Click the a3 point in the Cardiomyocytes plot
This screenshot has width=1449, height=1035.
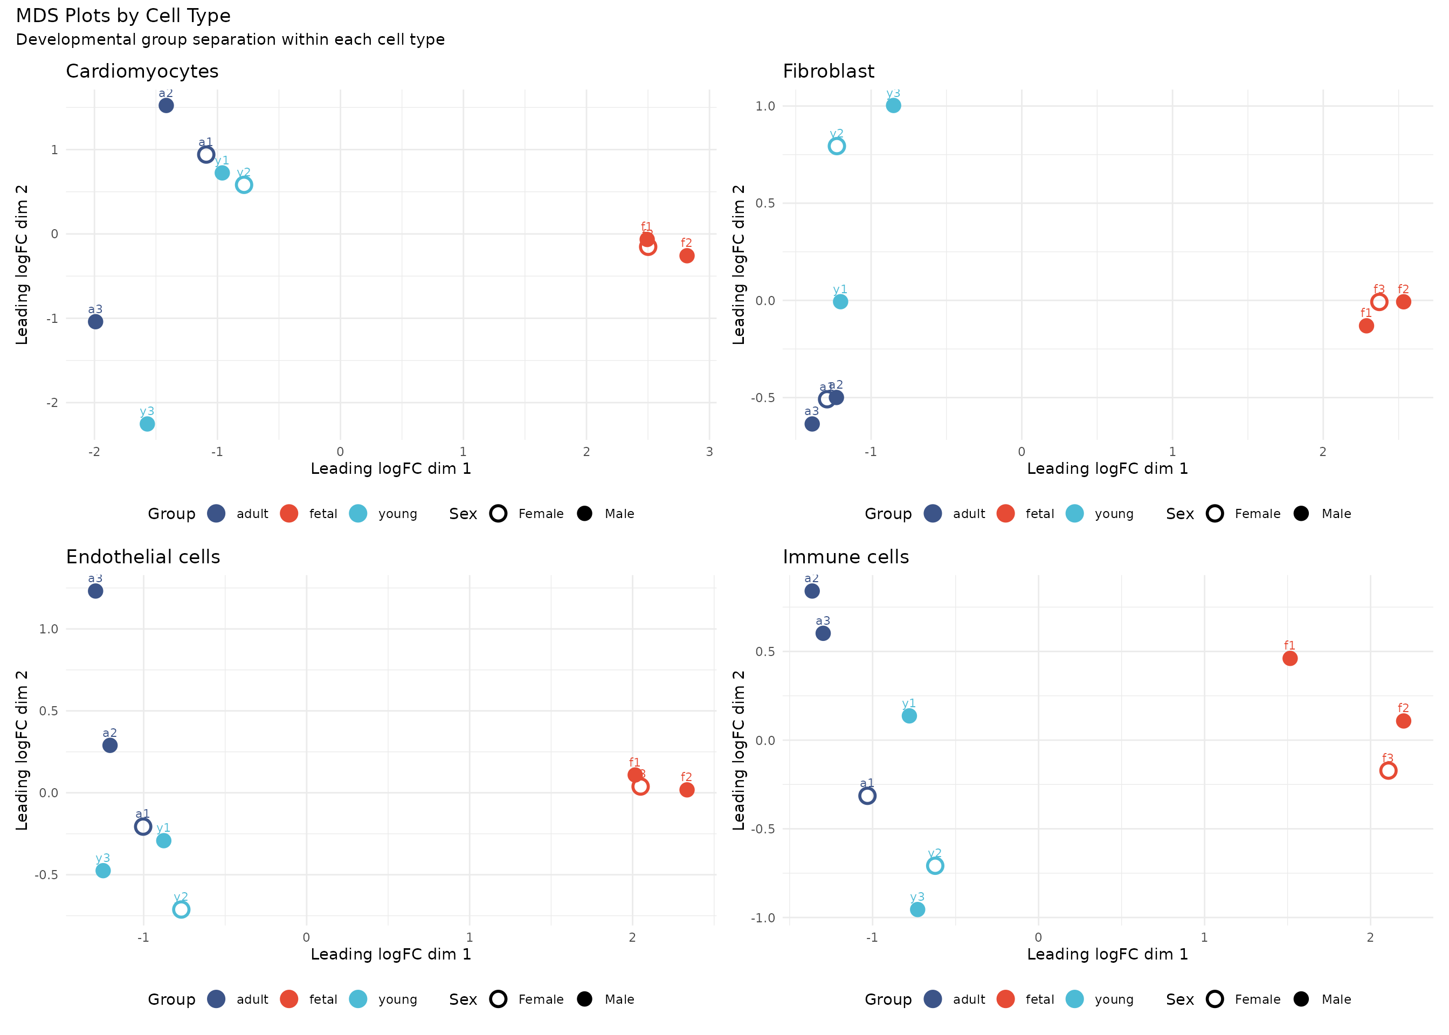95,322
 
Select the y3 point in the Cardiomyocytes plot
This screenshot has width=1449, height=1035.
147,424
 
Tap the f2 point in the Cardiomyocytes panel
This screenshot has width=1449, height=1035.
686,256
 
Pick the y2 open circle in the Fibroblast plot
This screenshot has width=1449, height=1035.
837,147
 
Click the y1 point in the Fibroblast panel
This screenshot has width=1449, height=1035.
840,301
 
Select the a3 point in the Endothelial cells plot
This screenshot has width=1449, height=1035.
95,591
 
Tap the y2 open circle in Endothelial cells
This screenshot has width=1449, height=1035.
181,909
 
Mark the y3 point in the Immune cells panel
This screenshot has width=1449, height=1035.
917,909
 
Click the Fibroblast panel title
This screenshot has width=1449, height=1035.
829,71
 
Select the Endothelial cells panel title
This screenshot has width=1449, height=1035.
143,557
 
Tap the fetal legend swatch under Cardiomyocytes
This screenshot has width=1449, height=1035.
289,514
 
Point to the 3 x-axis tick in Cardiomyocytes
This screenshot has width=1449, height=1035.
709,452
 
